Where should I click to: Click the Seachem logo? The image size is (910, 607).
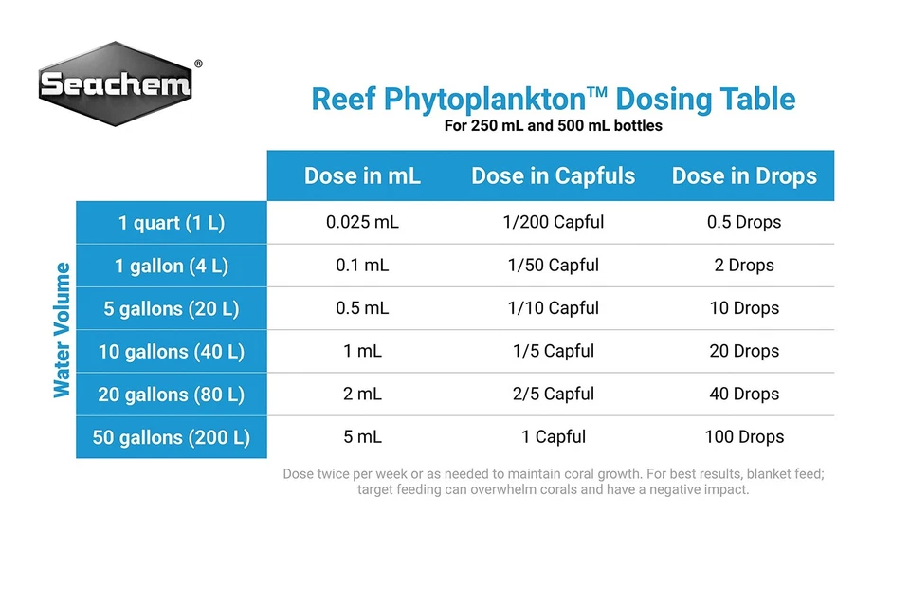(x=116, y=85)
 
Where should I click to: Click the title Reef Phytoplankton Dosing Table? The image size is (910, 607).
(x=553, y=99)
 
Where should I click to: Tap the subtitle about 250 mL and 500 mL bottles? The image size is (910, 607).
(x=553, y=125)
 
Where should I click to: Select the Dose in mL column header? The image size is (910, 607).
(x=362, y=175)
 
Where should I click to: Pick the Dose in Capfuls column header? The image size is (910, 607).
(x=553, y=175)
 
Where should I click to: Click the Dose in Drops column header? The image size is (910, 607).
(x=744, y=175)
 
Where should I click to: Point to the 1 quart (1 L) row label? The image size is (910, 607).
(x=172, y=223)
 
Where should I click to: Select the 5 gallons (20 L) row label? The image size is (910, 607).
(x=172, y=308)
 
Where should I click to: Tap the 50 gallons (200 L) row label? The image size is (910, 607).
(x=172, y=437)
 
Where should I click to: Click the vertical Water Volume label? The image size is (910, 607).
(x=63, y=330)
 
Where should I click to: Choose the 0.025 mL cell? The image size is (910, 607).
(x=362, y=222)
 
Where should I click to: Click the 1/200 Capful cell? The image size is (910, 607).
(x=553, y=222)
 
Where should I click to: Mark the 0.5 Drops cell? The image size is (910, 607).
(x=744, y=222)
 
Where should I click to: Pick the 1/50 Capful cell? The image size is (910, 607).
(x=553, y=266)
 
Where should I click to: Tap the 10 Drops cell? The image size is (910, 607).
(x=744, y=308)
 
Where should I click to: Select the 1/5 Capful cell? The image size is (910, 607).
(x=553, y=351)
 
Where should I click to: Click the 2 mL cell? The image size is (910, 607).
(x=362, y=394)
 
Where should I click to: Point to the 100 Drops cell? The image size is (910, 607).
(x=744, y=437)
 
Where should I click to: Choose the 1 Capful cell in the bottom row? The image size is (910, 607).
(x=553, y=437)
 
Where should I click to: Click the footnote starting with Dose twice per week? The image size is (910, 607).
(x=553, y=482)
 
